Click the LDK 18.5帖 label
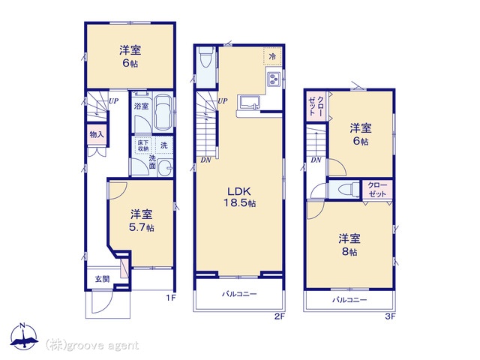pyautogui.click(x=240, y=196)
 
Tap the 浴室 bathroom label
pyautogui.click(x=142, y=106)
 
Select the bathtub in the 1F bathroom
pyautogui.click(x=163, y=112)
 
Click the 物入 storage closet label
pyautogui.click(x=97, y=134)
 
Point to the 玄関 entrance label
pyautogui.click(x=102, y=279)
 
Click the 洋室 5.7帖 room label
pyautogui.click(x=142, y=220)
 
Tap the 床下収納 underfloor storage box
pyautogui.click(x=143, y=145)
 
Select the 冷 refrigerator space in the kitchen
pyautogui.click(x=272, y=56)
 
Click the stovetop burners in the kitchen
pyautogui.click(x=274, y=79)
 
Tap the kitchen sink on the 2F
pyautogui.click(x=249, y=102)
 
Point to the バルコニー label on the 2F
pyautogui.click(x=239, y=294)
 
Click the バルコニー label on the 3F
pyautogui.click(x=349, y=300)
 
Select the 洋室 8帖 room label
pyautogui.click(x=349, y=245)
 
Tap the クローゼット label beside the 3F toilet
pyautogui.click(x=377, y=190)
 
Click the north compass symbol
pyautogui.click(x=24, y=336)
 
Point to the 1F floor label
pyautogui.click(x=171, y=298)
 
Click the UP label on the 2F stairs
pyautogui.click(x=223, y=100)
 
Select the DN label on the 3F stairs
pyautogui.click(x=316, y=160)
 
